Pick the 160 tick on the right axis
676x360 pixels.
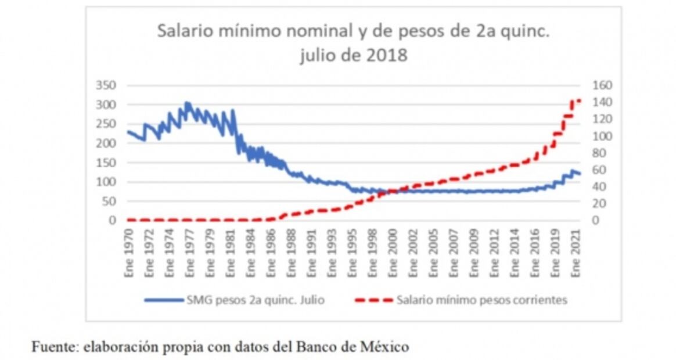(602, 85)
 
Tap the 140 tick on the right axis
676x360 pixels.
(602, 102)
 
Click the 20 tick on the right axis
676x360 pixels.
(599, 204)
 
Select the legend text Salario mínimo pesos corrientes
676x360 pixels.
(481, 300)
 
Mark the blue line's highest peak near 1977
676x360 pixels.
(186, 103)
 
